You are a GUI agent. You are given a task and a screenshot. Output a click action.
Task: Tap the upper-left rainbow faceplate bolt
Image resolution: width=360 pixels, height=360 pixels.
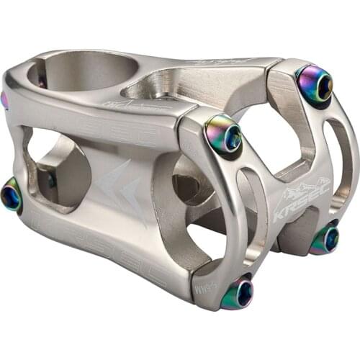pos(223,134)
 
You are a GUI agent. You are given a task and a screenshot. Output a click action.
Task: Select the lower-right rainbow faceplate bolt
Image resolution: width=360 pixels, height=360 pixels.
pos(325,239)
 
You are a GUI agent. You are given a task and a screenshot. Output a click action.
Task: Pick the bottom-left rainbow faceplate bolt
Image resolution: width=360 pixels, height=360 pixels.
pos(238,293)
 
